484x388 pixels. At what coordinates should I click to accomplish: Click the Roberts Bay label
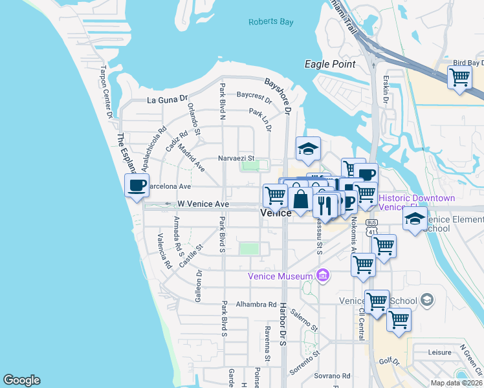pyautogui.click(x=271, y=22)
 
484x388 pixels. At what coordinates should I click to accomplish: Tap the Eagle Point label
pyautogui.click(x=330, y=64)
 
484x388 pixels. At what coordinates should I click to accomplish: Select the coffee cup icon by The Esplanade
pyautogui.click(x=137, y=186)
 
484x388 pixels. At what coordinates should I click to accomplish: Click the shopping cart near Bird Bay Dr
pyautogui.click(x=459, y=78)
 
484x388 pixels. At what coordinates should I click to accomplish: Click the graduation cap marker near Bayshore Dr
pyautogui.click(x=309, y=149)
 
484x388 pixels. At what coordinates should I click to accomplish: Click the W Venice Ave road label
pyautogui.click(x=203, y=204)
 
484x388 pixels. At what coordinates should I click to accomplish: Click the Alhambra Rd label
pyautogui.click(x=256, y=304)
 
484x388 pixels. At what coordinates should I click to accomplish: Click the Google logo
pyautogui.click(x=21, y=380)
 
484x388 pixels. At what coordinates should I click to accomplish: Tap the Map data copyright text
pyautogui.click(x=457, y=383)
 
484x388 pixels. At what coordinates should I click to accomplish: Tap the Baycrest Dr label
pyautogui.click(x=254, y=96)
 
